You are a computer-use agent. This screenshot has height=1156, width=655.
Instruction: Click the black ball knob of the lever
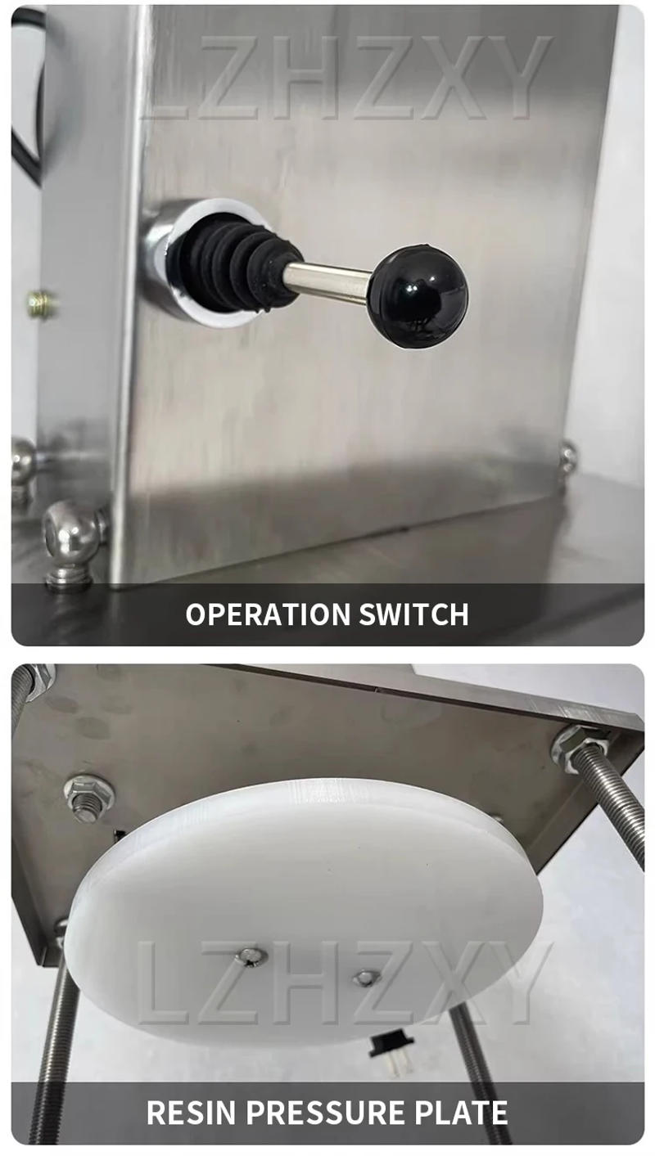pos(418,295)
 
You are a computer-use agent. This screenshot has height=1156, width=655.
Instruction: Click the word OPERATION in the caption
pos(256,614)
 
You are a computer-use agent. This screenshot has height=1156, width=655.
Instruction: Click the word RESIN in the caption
pos(192,1113)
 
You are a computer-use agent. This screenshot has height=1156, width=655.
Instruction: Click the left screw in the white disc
pos(251,955)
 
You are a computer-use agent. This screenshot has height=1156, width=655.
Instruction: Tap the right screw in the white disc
pos(366,977)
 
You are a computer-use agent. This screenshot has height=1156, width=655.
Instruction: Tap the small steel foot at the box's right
pos(567,458)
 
